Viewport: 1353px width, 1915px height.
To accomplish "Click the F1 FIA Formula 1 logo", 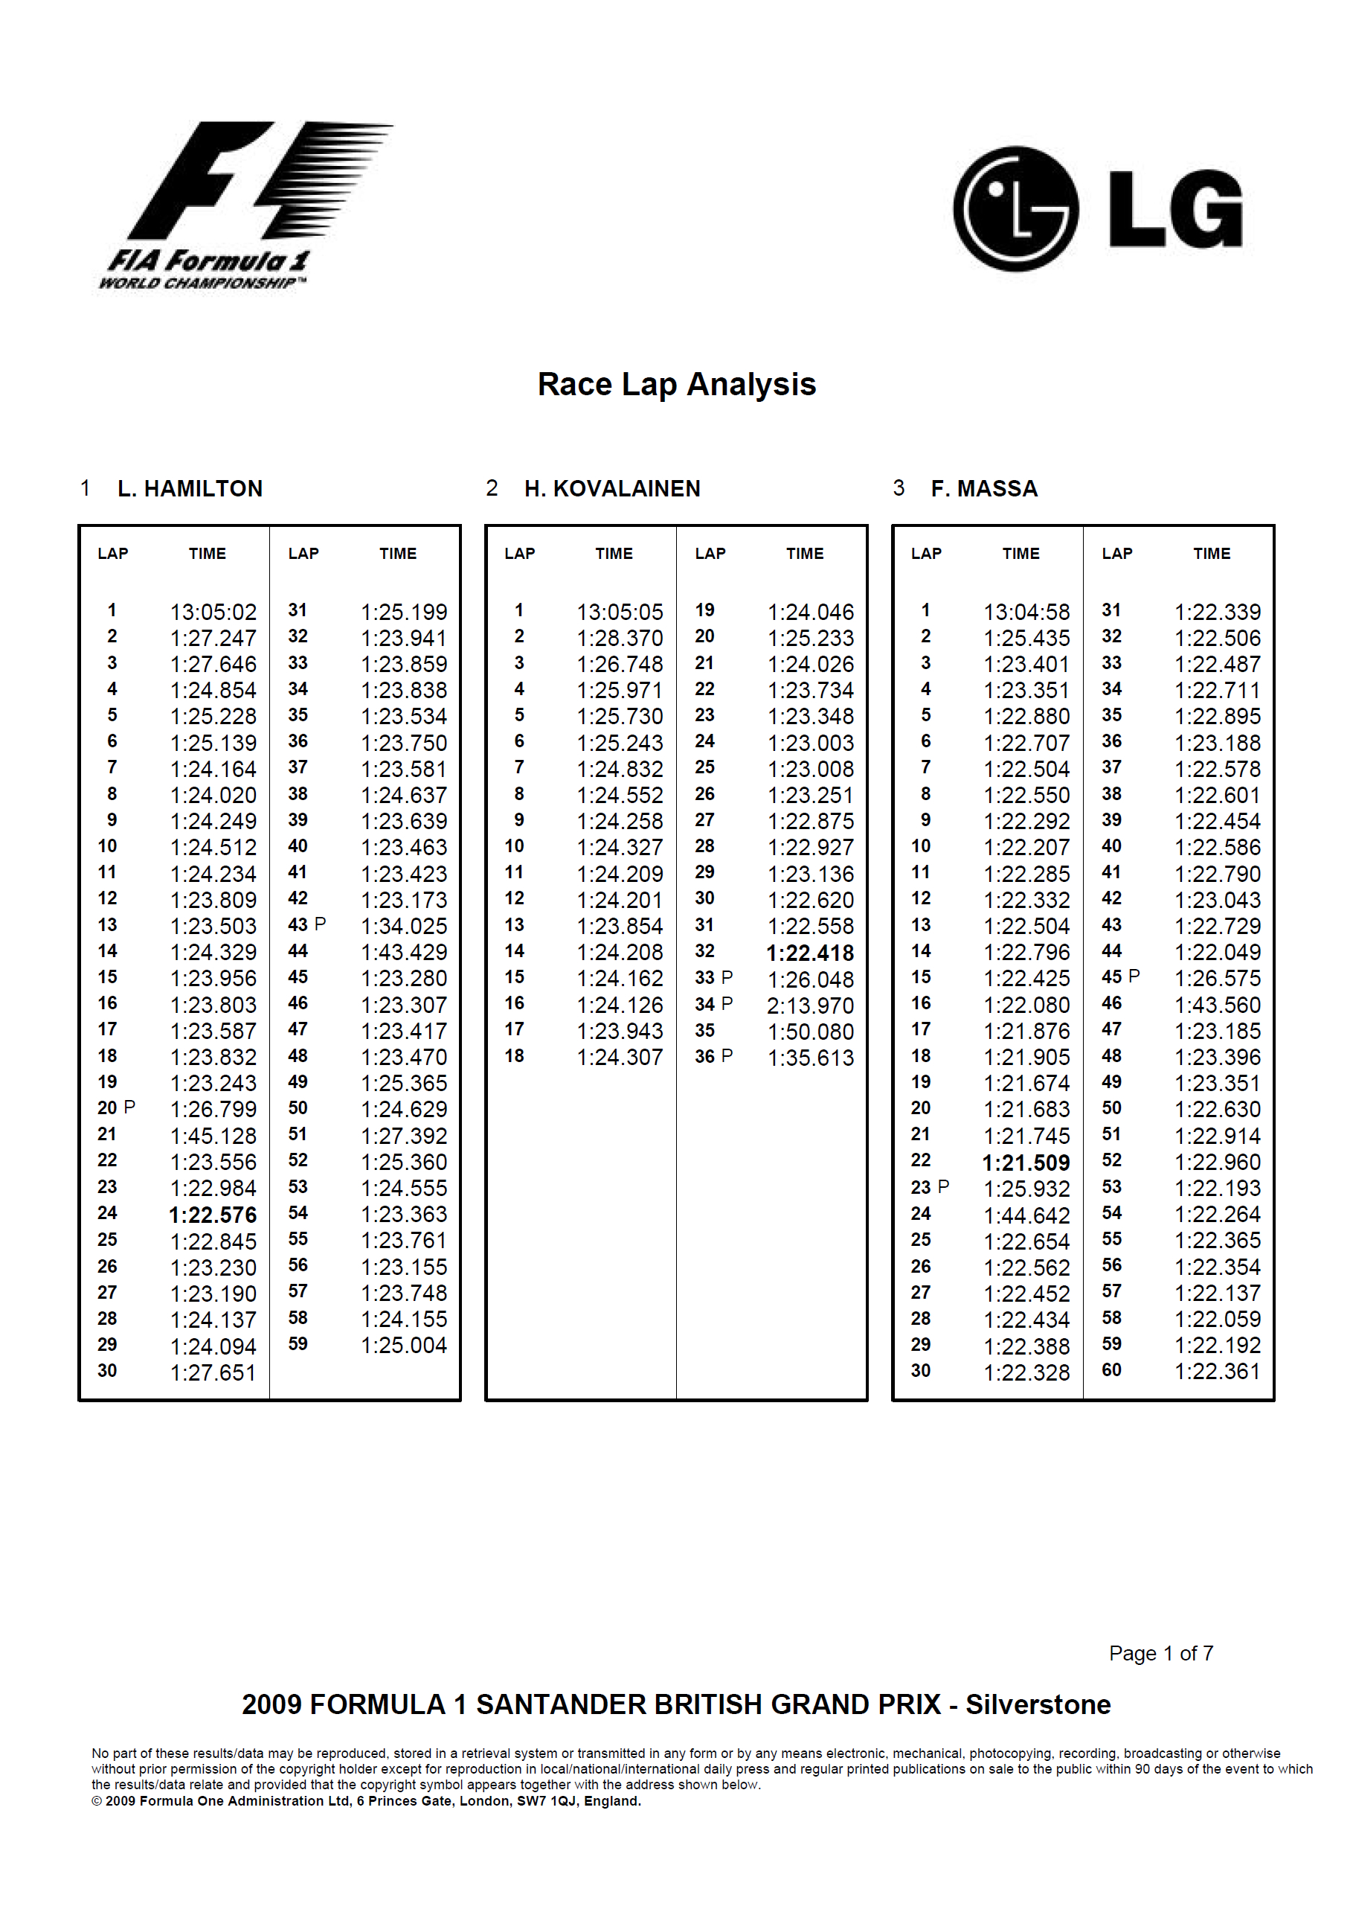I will coord(242,205).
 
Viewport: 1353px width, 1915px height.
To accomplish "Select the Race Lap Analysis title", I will coord(676,385).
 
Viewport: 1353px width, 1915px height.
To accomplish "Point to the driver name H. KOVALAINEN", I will coord(612,489).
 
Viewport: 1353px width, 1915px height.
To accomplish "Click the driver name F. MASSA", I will coord(984,489).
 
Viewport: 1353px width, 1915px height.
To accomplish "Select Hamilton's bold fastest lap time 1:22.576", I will coord(213,1215).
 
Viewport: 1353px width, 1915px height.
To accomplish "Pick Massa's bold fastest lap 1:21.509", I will coord(1026,1163).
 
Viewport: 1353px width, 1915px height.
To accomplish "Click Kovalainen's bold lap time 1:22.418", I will coord(810,953).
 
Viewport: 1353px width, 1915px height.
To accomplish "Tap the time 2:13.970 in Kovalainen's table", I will coord(810,1006).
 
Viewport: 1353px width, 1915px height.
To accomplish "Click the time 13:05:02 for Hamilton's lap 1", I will coord(213,613).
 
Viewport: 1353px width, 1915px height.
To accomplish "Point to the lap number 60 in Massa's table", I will coord(1111,1370).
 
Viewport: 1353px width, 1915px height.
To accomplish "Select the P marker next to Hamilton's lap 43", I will coord(320,924).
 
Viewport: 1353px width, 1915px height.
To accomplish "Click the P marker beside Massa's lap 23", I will coord(944,1186).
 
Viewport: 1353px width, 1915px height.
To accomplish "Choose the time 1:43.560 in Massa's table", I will coord(1217,1005).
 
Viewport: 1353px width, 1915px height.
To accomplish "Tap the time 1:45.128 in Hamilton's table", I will coord(213,1136).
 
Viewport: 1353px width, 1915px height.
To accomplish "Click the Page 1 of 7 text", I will coord(1160,1653).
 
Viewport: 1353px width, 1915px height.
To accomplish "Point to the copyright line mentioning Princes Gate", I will coord(366,1800).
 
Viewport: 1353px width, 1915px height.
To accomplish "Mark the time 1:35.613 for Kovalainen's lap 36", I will coord(810,1058).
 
